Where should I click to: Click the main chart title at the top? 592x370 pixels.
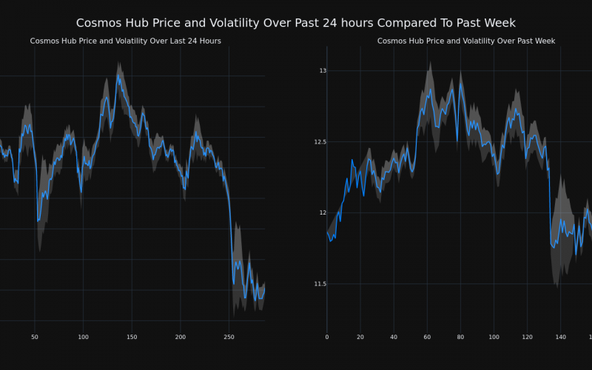296,23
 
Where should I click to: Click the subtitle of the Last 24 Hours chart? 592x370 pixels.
125,41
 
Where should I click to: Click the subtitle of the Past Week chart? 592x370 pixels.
466,41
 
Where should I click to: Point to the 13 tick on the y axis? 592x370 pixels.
323,70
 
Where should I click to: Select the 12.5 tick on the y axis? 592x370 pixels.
319,141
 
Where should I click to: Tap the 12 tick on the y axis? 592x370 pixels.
323,212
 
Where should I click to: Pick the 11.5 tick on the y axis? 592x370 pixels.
319,283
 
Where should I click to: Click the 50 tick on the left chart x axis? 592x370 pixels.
35,337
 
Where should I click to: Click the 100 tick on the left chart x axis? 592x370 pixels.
83,337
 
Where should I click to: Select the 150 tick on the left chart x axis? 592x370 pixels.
132,337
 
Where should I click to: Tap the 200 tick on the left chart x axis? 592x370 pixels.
181,337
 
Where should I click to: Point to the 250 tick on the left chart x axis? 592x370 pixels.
229,337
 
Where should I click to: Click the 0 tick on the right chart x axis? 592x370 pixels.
327,337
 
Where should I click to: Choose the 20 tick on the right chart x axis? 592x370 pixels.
360,337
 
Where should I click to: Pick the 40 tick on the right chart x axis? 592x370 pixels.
394,337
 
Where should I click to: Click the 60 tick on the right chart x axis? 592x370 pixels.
427,337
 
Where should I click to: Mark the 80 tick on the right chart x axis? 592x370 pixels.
460,337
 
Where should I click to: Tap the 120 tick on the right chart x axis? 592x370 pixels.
527,337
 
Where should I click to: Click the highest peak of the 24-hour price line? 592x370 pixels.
118,75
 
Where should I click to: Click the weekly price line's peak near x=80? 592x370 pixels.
460,83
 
